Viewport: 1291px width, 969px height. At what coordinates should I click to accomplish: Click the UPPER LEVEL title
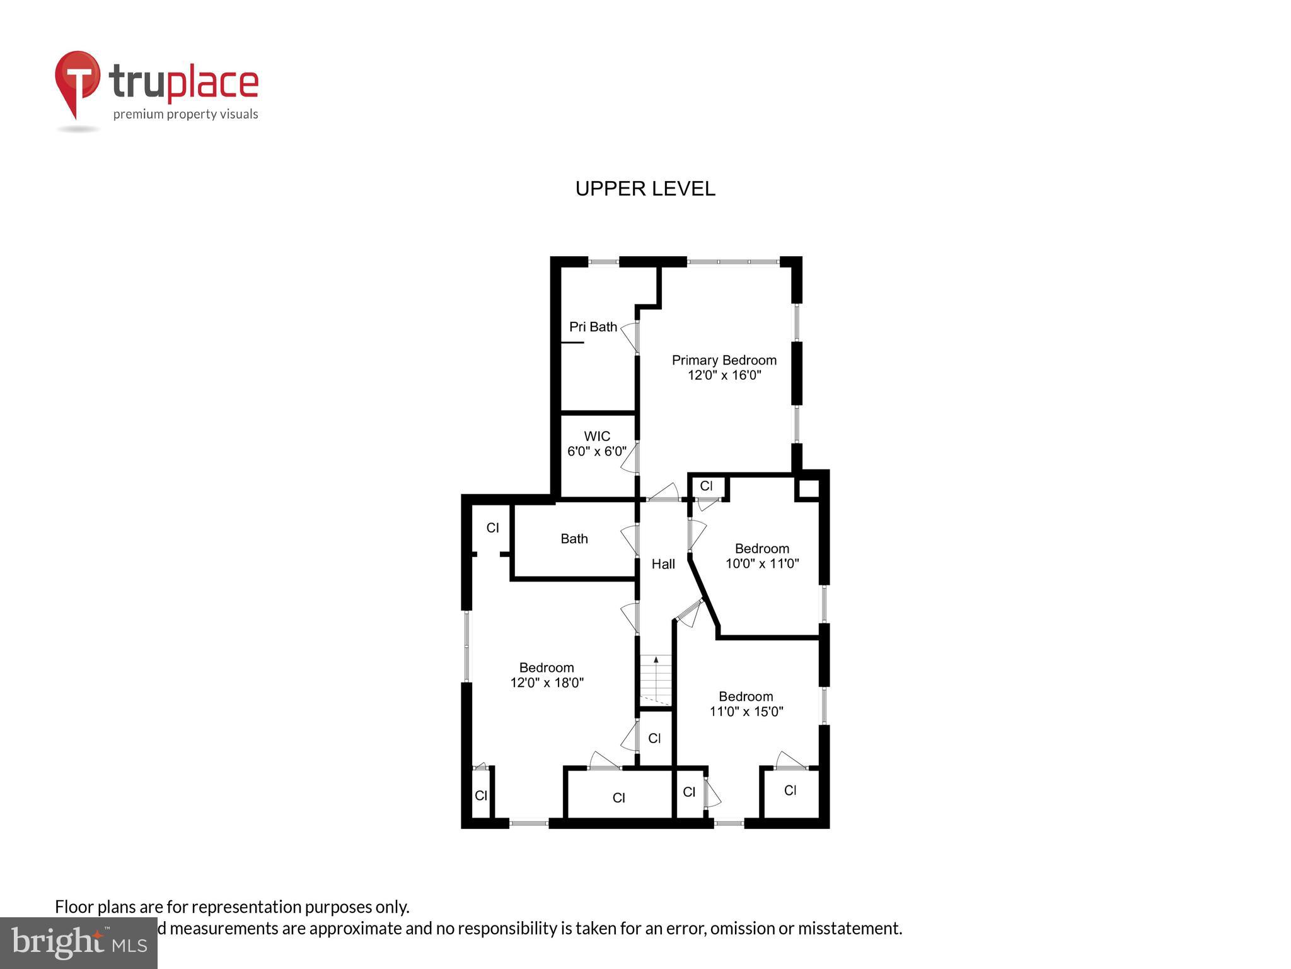(645, 189)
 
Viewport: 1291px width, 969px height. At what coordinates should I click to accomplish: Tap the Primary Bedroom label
(724, 360)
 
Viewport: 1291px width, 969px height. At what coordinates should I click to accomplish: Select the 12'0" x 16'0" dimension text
(724, 375)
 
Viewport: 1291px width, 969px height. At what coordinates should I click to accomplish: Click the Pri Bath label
(593, 327)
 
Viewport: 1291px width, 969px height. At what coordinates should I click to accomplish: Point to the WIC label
(596, 437)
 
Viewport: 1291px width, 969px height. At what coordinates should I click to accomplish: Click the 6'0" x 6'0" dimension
(596, 452)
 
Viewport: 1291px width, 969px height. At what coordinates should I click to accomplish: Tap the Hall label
(663, 564)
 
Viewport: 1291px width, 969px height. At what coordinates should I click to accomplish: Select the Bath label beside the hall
(574, 539)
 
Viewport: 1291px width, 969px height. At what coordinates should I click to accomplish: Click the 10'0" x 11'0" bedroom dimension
(761, 563)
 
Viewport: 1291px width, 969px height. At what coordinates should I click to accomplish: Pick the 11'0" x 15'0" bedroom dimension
(746, 712)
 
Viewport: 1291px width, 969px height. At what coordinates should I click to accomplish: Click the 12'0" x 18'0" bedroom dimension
(547, 683)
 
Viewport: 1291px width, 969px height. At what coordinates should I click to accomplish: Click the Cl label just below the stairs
(654, 738)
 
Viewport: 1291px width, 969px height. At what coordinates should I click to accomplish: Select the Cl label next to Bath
(492, 527)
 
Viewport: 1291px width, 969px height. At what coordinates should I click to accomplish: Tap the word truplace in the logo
(183, 83)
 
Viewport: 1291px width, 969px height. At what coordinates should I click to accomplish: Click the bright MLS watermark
(78, 943)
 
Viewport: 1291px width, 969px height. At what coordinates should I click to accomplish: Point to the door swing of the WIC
(629, 459)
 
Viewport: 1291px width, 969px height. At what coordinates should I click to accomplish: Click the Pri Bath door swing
(629, 338)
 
